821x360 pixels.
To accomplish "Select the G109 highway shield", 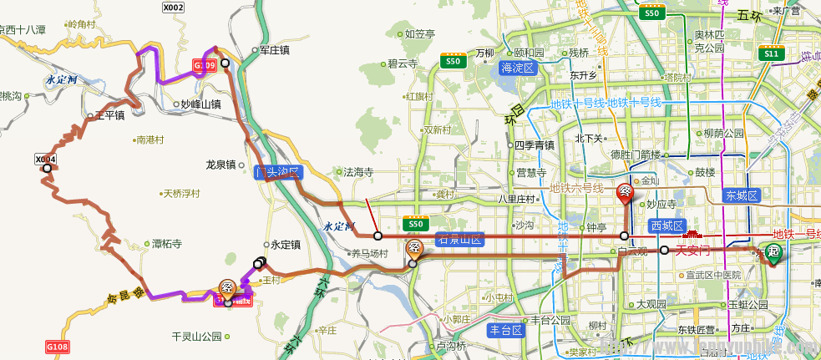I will point(205,64).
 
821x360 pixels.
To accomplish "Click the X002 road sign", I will point(173,8).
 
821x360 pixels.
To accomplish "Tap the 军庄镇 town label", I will point(273,50).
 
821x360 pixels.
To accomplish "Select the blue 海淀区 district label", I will point(517,68).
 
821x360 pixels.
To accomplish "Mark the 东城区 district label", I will point(741,195).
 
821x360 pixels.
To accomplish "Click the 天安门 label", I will point(692,250).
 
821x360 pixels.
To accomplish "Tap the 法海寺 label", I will point(358,172).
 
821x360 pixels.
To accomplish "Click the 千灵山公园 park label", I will point(195,337).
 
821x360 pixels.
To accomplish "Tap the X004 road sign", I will point(45,159).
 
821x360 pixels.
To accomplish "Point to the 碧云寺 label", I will point(402,63).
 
